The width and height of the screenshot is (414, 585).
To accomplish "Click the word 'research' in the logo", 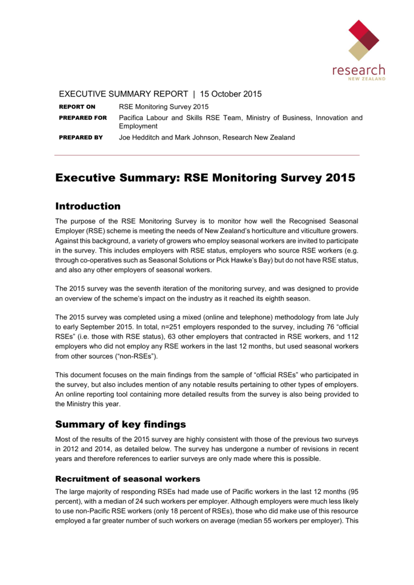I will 359,70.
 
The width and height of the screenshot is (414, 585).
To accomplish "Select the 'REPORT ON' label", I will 78,107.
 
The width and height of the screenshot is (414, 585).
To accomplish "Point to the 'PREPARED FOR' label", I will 83,118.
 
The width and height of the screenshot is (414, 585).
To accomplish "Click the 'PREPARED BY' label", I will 81,138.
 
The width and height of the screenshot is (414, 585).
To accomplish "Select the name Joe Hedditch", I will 140,138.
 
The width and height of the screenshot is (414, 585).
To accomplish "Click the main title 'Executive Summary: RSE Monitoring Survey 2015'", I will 205,178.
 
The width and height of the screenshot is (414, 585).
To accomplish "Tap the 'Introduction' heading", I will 87,206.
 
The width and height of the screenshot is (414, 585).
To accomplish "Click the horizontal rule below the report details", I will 207,155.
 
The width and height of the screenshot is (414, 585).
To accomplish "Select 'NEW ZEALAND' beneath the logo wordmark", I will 366,79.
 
